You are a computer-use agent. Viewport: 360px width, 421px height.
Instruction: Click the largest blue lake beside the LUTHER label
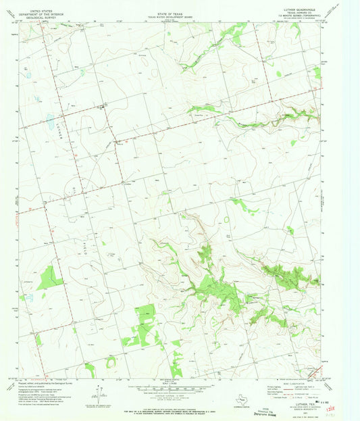pos(50,122)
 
